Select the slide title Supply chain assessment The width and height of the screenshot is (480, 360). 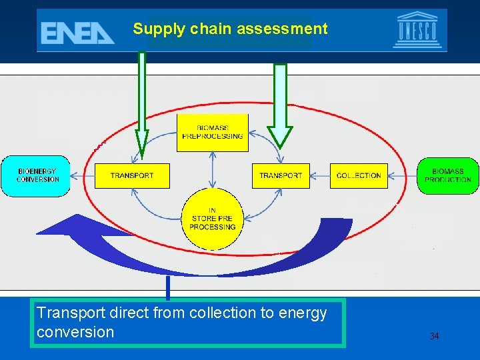coord(230,29)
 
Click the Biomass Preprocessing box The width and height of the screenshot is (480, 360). coord(212,132)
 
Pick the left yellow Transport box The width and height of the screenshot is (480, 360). coord(132,175)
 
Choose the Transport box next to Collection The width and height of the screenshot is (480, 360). coord(281,175)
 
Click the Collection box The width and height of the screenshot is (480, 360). coord(359,175)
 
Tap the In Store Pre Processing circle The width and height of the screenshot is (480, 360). coord(213,219)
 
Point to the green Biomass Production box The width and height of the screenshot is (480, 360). coord(447,175)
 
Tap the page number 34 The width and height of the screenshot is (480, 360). coord(434,336)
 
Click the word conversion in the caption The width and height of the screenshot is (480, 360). coord(75,332)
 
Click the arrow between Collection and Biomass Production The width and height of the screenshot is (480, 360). coord(402,176)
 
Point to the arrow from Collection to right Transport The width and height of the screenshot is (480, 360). coord(320,176)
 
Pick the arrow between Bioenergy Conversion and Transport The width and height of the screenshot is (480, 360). coord(82,176)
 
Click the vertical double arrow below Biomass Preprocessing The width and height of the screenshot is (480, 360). coord(212,169)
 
